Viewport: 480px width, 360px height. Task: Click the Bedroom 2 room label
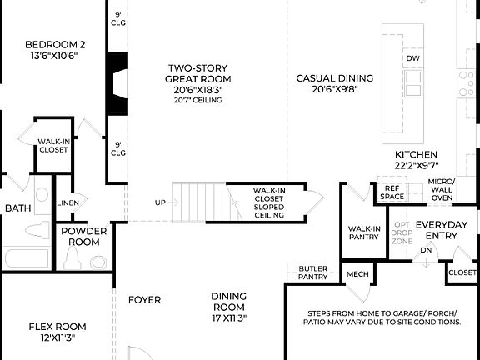(54, 45)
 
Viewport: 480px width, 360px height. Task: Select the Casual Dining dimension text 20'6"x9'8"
(334, 89)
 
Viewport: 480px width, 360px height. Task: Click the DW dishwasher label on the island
(412, 58)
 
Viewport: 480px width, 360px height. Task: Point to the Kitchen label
(416, 155)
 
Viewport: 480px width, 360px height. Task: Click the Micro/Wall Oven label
(441, 189)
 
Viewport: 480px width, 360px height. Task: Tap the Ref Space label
(392, 192)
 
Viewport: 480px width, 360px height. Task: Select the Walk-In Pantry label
(364, 233)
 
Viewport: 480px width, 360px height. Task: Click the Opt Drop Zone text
(402, 233)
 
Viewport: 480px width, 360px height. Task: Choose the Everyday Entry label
(437, 230)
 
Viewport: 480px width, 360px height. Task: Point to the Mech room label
(357, 274)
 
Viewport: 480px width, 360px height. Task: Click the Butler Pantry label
(313, 272)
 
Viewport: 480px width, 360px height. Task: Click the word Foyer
(144, 299)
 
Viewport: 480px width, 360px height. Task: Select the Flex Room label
(57, 332)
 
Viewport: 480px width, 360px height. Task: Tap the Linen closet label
(67, 202)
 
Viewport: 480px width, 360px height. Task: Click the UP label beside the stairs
(159, 202)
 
